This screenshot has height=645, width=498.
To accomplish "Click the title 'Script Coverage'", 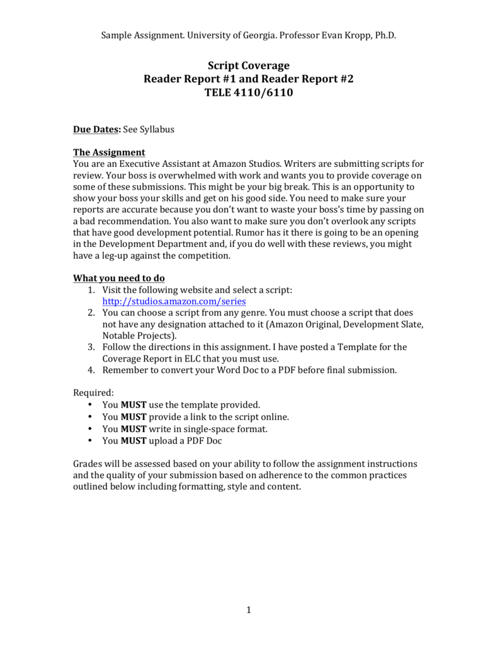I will click(249, 66).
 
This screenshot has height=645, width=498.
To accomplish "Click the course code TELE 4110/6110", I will click(249, 93).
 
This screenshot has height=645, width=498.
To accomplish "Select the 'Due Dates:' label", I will click(97, 130).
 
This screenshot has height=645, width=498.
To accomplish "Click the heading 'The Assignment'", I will click(109, 152).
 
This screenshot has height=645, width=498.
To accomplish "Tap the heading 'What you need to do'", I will click(119, 278).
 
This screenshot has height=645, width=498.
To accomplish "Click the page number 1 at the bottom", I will click(249, 610).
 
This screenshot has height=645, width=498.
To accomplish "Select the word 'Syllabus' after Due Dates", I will click(157, 130).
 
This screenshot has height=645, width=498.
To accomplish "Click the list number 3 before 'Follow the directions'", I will click(91, 347).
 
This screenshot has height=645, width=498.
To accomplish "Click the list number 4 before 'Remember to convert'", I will click(91, 370).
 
